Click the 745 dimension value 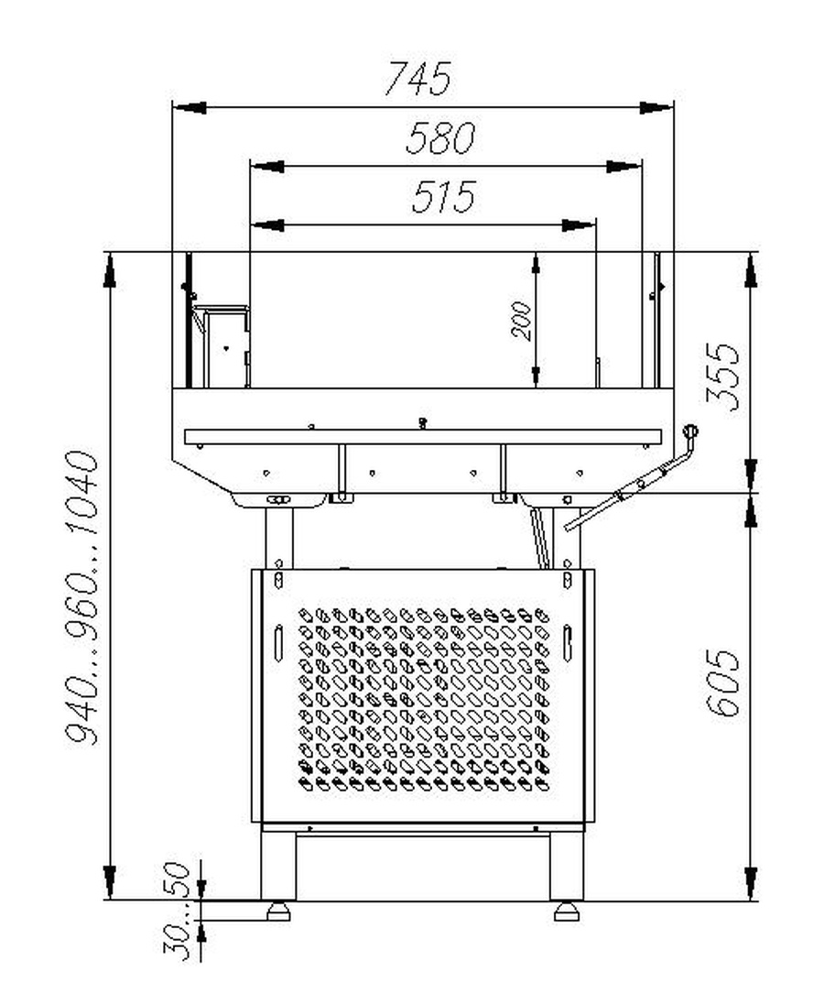pyautogui.click(x=417, y=78)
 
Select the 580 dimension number pyautogui.click(x=440, y=137)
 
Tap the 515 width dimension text pyautogui.click(x=443, y=196)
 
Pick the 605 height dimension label pyautogui.click(x=723, y=682)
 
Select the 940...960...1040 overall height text pyautogui.click(x=83, y=598)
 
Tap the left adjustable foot pyautogui.click(x=278, y=911)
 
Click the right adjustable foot pyautogui.click(x=567, y=911)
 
